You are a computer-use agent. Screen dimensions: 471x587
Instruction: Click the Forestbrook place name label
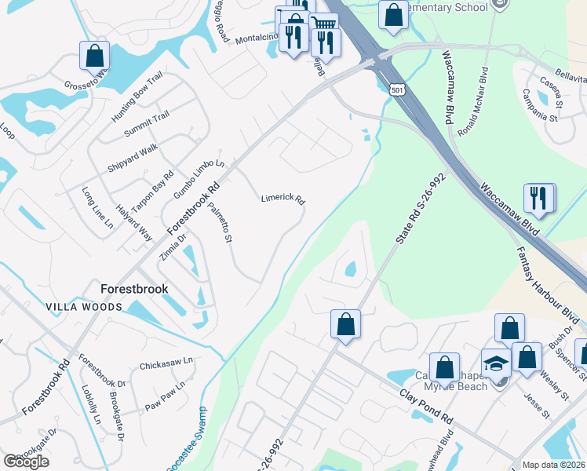tap(134, 289)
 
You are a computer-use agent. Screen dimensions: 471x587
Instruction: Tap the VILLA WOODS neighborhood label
tap(84, 307)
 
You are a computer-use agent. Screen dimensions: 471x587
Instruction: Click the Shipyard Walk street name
tap(133, 159)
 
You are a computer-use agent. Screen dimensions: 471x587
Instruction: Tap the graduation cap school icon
tap(495, 362)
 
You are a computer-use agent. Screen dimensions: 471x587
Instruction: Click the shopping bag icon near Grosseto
tap(94, 55)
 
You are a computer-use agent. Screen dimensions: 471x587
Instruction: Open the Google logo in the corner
tap(26, 462)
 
